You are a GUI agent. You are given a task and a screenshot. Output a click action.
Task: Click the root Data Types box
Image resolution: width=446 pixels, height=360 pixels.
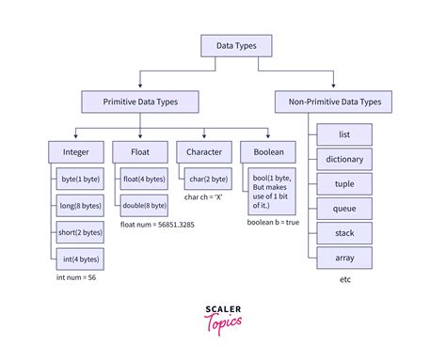[x=236, y=45]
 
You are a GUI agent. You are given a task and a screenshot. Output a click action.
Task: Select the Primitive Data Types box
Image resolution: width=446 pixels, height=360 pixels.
[x=139, y=100]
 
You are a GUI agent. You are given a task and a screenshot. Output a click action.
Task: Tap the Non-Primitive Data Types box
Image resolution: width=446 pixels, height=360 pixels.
[x=334, y=100]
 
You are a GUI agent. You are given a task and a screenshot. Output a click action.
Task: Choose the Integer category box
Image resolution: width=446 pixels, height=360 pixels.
[x=77, y=150]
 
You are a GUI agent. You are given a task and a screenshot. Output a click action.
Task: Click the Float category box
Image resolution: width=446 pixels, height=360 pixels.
[x=139, y=150]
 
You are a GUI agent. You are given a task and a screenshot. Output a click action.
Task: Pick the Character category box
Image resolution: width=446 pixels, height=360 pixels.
[x=203, y=150]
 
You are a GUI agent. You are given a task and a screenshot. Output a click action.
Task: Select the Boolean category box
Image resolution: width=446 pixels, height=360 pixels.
[x=268, y=150]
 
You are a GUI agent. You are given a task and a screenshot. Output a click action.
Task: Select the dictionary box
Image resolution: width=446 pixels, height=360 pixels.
[x=344, y=159]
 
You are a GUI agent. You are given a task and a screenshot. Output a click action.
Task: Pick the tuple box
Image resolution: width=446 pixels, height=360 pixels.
[x=344, y=183]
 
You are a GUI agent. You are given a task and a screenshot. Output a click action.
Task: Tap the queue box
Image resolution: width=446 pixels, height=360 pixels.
[x=344, y=208]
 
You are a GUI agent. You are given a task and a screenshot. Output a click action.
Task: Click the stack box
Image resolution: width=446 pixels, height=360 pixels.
[x=344, y=232]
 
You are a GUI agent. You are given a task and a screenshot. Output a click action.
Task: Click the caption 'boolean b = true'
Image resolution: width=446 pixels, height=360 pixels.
[x=274, y=222]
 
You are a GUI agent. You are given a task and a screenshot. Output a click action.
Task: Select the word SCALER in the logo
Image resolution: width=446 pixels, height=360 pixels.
[x=223, y=306]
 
